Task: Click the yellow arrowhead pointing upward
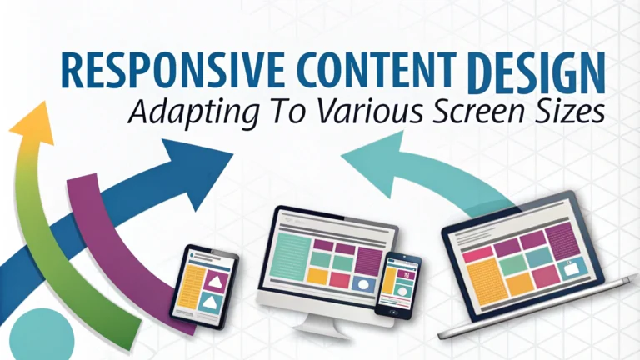pyautogui.click(x=32, y=123)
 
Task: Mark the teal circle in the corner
pyautogui.click(x=42, y=335)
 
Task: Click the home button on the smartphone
pyautogui.click(x=393, y=312)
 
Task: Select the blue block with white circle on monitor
pyautogui.click(x=364, y=284)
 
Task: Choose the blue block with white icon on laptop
pyautogui.click(x=574, y=268)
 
